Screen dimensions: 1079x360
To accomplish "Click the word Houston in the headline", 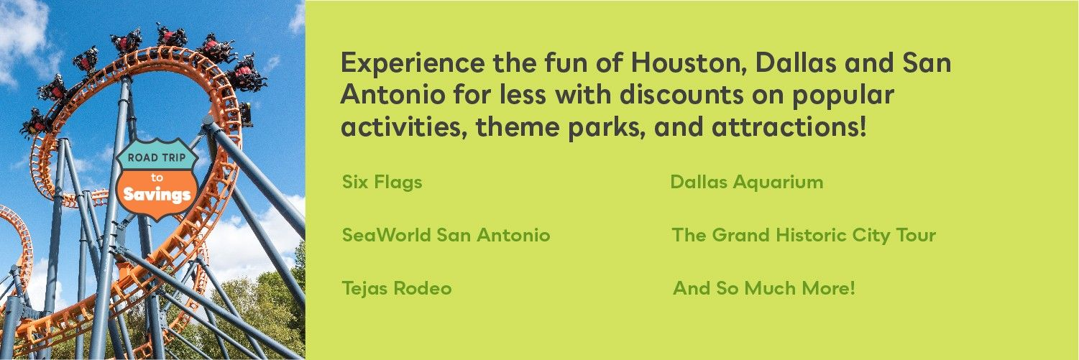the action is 689,63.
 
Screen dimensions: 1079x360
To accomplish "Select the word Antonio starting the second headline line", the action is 392,95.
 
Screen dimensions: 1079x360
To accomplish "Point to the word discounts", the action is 681,95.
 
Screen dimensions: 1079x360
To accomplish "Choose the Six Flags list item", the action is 382,183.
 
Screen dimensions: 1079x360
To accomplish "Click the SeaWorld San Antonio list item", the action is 446,236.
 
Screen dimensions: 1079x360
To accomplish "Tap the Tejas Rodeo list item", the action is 397,288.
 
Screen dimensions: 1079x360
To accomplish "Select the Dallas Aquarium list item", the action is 747,183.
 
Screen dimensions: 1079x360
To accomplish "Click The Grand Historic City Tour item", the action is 804,236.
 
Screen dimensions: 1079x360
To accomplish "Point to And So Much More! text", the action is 764,288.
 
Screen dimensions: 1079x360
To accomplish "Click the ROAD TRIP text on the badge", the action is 157,157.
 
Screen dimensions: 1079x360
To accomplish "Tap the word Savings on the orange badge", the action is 157,195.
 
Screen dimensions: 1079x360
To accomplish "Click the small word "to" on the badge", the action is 157,177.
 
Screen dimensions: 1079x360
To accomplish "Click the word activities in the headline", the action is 404,127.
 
